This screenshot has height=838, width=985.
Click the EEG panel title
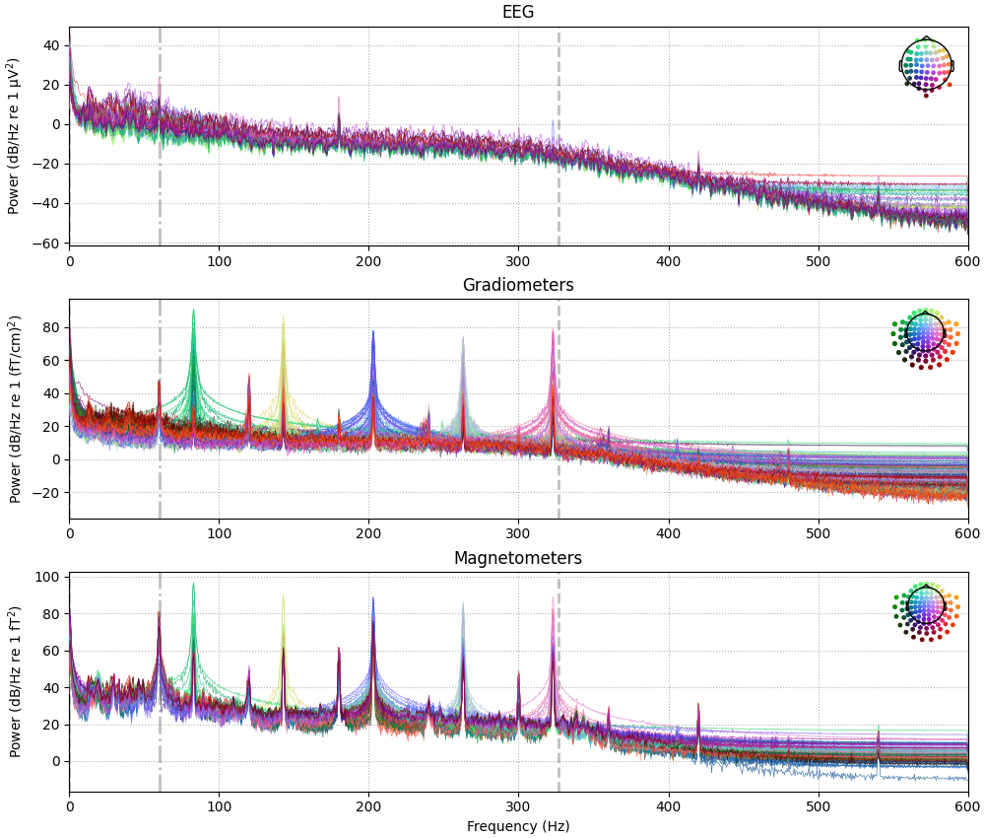tap(518, 13)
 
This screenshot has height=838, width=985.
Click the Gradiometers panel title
tap(518, 286)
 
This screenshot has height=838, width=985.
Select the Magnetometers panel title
tap(518, 559)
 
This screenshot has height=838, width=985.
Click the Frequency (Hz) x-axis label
tap(518, 826)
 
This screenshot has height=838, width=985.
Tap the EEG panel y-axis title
tap(14, 136)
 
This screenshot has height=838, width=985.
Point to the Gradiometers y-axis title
tap(16, 409)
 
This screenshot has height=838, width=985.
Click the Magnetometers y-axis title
tap(16, 681)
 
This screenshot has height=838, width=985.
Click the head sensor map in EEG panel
tap(926, 65)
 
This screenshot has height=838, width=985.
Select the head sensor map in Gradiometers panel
tap(925, 337)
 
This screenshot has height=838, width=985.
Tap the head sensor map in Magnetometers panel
tap(925, 610)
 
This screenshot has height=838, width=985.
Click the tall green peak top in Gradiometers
tap(193, 311)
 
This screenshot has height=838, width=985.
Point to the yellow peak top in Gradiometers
tap(283, 316)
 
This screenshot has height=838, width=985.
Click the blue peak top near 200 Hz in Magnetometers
tap(372, 597)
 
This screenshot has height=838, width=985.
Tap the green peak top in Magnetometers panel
tap(193, 584)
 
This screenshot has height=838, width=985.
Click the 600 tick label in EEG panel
tap(967, 261)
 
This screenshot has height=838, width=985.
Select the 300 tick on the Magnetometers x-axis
tap(518, 806)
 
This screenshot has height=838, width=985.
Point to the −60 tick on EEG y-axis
tap(48, 243)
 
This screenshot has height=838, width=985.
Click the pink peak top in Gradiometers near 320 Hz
tap(553, 330)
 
